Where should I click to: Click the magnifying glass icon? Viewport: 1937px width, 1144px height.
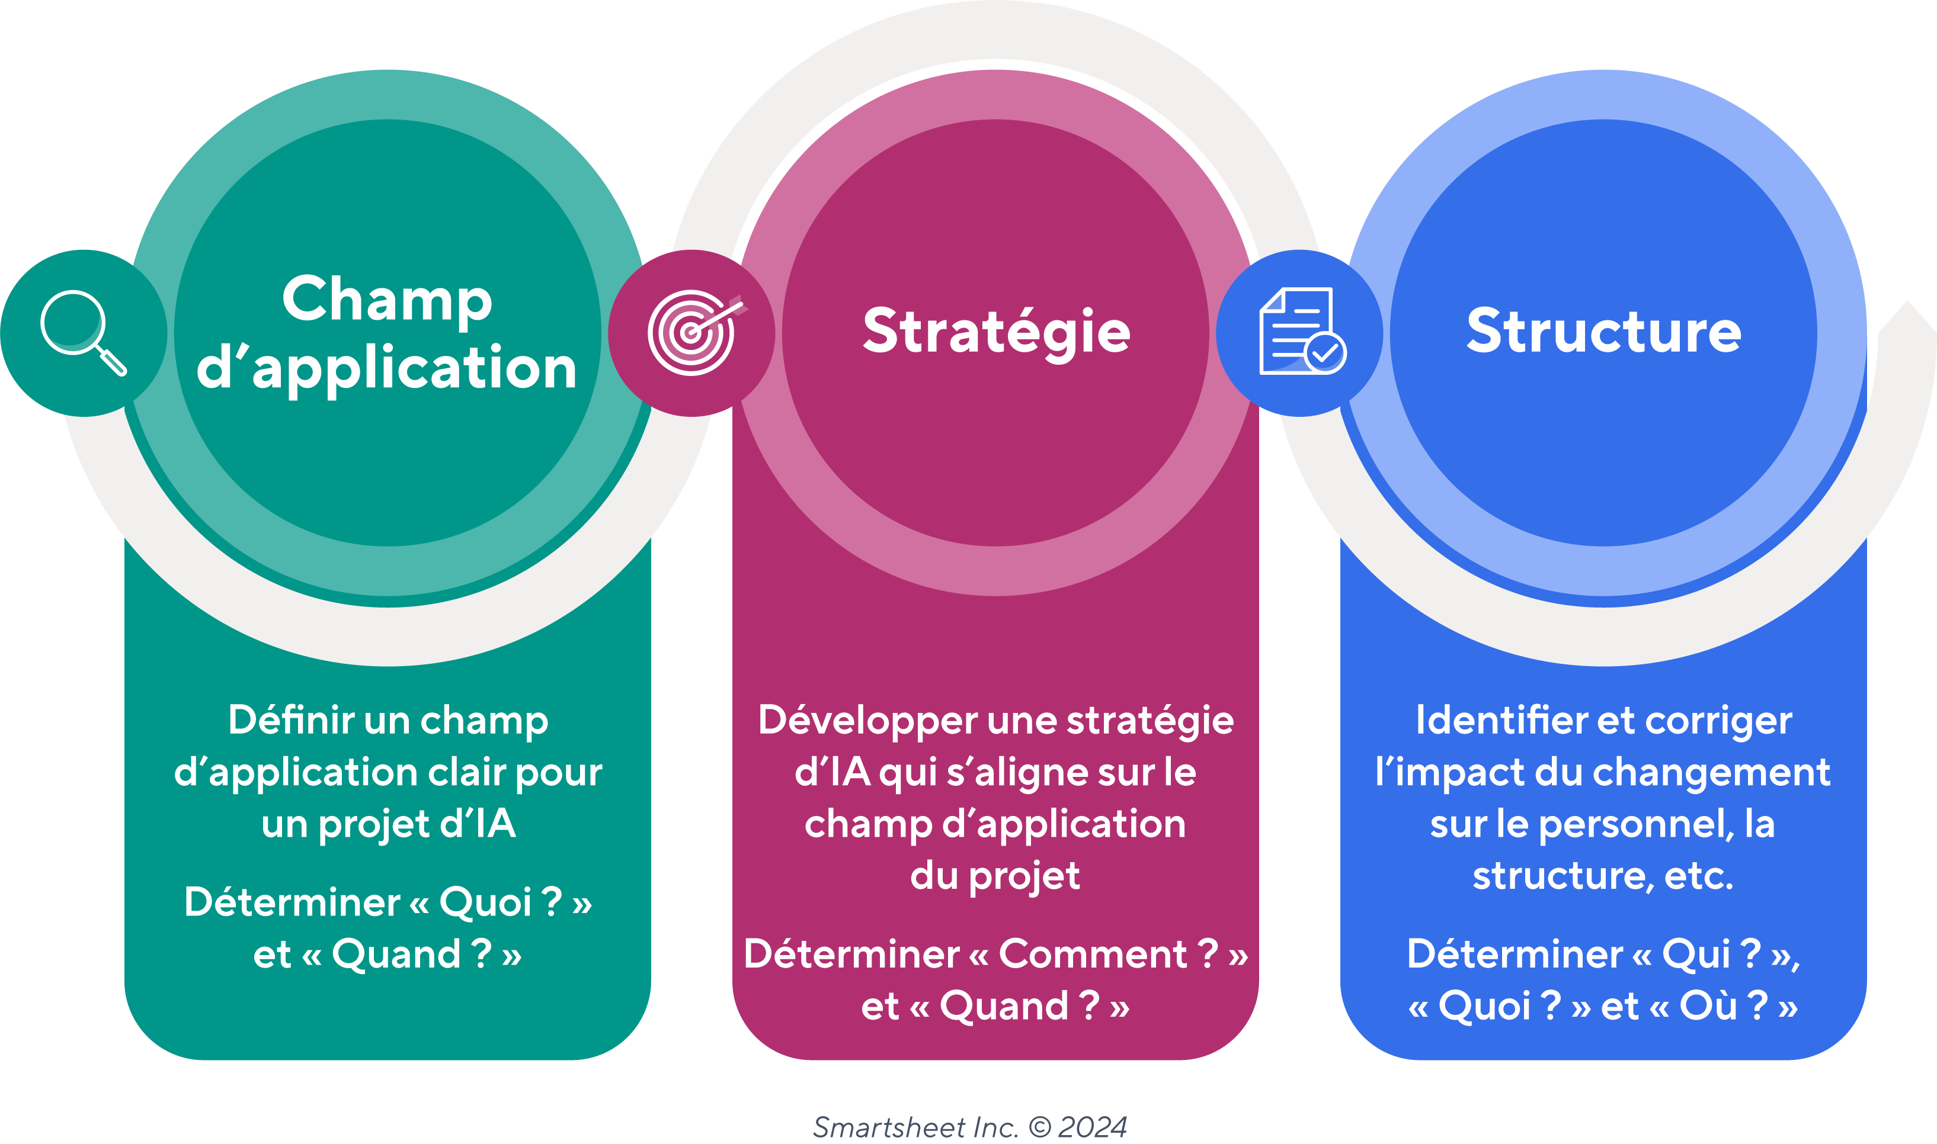tap(84, 333)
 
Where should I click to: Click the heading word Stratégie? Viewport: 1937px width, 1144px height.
tap(996, 332)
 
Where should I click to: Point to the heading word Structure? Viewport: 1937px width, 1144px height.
tap(1604, 332)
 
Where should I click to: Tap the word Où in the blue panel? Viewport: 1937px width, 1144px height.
tap(1708, 1006)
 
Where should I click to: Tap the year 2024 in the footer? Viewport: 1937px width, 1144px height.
tap(1091, 1127)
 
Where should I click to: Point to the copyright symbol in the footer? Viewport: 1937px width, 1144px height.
tap(1040, 1127)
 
